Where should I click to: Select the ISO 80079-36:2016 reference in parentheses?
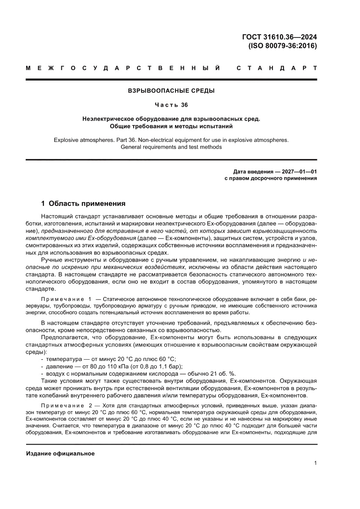click(x=282, y=45)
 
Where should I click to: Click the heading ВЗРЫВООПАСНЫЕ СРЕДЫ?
click(x=171, y=91)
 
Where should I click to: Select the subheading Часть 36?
click(x=171, y=105)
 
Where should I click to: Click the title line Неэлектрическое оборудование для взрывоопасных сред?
click(x=171, y=119)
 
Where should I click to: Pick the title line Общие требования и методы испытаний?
click(x=171, y=127)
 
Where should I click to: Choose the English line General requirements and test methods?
click(x=171, y=147)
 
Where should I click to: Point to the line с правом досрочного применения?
click(x=270, y=178)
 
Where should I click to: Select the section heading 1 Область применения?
click(x=83, y=203)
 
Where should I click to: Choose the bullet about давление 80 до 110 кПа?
click(x=114, y=366)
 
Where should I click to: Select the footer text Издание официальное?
click(x=61, y=453)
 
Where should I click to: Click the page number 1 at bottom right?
click(x=315, y=463)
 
